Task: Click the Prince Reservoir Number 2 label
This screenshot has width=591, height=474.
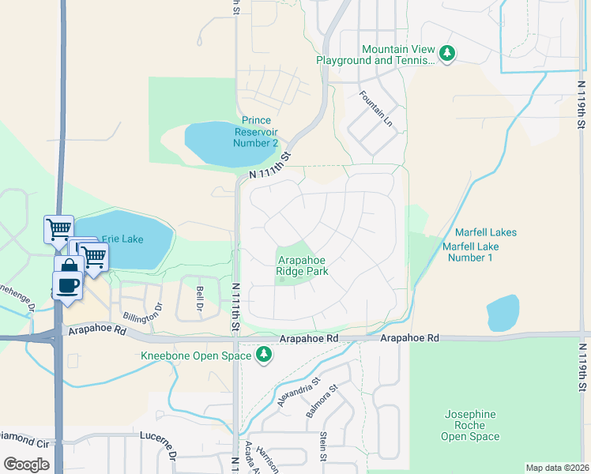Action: pos(255,132)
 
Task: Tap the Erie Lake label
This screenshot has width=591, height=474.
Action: pos(122,239)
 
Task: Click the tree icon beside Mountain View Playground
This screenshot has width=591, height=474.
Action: pos(448,54)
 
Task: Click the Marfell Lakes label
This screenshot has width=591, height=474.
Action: pos(485,232)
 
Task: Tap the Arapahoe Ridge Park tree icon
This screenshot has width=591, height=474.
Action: pos(283,280)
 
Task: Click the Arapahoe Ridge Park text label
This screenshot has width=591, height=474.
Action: pos(302,265)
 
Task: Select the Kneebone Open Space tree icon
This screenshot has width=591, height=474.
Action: pos(265,357)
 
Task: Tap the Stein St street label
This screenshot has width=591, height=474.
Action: pos(323,446)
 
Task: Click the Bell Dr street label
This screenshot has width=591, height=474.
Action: pos(200,299)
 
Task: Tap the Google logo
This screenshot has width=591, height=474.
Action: pos(26,465)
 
